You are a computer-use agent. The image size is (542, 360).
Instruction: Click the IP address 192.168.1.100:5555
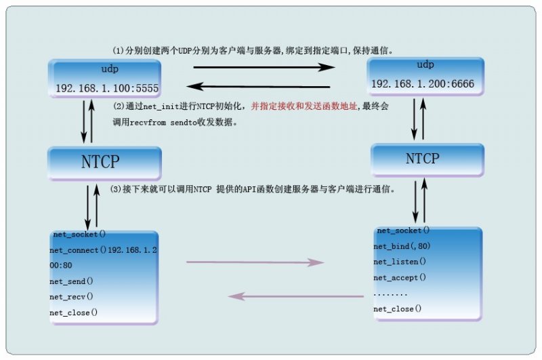pos(107,88)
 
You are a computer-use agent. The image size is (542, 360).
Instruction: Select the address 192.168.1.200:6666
pos(423,83)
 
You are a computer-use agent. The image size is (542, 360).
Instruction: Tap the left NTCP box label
pos(100,162)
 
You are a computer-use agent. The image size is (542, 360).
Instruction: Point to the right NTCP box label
pos(422,159)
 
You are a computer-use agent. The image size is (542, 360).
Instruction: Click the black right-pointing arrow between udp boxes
pos(264,67)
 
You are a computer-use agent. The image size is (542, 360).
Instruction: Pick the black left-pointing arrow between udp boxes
pos(258,87)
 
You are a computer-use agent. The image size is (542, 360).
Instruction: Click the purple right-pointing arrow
pos(255,262)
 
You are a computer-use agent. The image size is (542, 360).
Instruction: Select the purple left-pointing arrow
pos(296,296)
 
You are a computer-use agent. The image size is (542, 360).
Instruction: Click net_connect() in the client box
pos(78,250)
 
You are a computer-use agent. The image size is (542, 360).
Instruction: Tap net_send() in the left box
pos(71,281)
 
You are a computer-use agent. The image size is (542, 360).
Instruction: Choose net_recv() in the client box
pos(71,297)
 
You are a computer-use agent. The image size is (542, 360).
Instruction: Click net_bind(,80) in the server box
pos(402,246)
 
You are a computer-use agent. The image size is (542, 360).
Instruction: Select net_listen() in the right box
pos(400,262)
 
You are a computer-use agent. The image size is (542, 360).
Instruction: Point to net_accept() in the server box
pos(400,277)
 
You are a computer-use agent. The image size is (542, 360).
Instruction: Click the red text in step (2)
pos(304,106)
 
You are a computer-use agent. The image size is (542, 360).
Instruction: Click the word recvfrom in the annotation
pos(148,123)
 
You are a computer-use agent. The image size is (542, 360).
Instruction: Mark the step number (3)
pos(116,189)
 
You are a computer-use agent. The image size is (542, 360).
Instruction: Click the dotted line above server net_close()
pos(390,295)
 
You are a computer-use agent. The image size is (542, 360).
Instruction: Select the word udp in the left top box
pos(110,69)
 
